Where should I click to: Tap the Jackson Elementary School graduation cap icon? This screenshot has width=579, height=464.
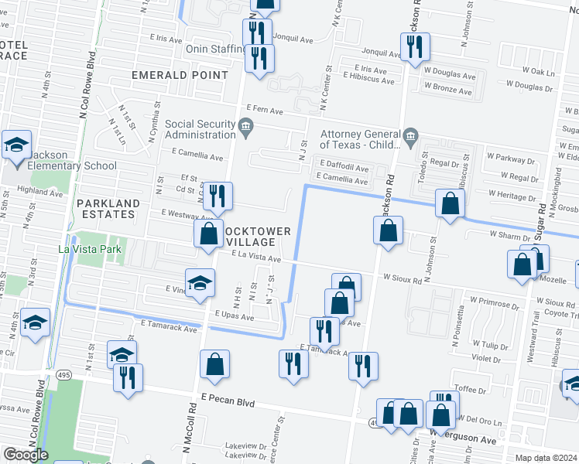pyautogui.click(x=15, y=145)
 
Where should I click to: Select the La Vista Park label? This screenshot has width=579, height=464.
pyautogui.click(x=91, y=249)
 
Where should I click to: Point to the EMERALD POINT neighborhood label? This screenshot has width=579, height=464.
pyautogui.click(x=180, y=75)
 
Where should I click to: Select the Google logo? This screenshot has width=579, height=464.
pyautogui.click(x=26, y=454)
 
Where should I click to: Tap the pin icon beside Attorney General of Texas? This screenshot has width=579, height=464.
pyautogui.click(x=411, y=138)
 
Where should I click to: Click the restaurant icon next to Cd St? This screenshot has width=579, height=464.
pyautogui.click(x=218, y=196)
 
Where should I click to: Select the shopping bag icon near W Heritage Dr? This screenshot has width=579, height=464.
pyautogui.click(x=450, y=204)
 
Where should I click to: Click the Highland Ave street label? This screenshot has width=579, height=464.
pyautogui.click(x=39, y=190)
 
